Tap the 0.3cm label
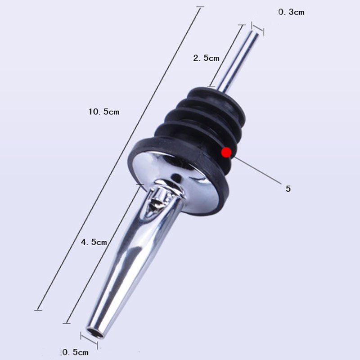tap(291, 13)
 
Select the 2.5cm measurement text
tap(206, 58)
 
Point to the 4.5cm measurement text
tap(94, 242)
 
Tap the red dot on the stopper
tap(226, 153)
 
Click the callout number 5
tap(288, 189)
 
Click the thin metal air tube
tap(236, 58)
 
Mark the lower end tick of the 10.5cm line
tap(38, 309)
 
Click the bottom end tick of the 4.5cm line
tap(67, 323)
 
